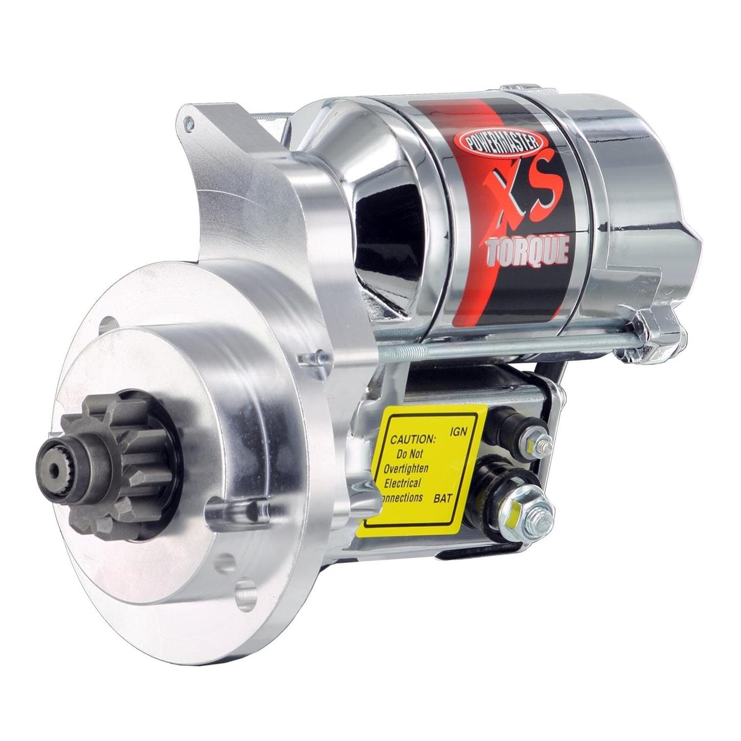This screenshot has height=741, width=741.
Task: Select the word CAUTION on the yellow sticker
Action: click(x=413, y=439)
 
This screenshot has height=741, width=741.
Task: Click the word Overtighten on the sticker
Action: click(x=406, y=468)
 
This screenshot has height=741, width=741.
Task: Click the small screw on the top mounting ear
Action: click(x=190, y=122)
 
